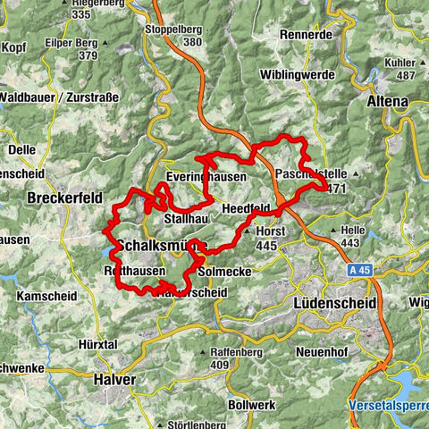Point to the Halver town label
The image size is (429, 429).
[114, 379]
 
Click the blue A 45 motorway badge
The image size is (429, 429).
[359, 267]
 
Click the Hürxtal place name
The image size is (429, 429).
[99, 344]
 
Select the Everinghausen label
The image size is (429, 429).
[206, 177]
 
